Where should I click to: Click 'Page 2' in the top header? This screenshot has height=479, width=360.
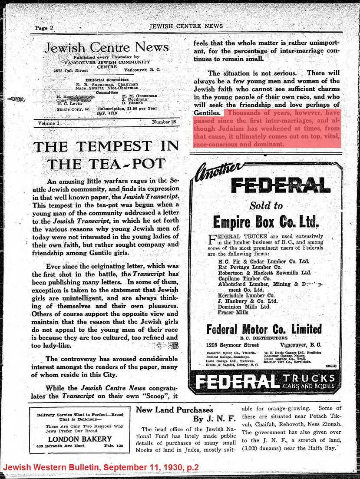tap(44, 28)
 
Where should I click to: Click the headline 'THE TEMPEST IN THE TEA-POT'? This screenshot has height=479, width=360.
tap(106, 155)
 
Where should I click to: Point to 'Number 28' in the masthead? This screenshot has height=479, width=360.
tap(164, 122)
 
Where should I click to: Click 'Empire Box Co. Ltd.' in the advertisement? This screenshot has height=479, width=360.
tap(266, 222)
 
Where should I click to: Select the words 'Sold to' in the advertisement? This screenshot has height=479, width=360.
tap(266, 205)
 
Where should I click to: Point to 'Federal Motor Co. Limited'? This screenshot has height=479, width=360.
tap(264, 328)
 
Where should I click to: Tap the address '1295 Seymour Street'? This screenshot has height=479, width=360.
tap(229, 345)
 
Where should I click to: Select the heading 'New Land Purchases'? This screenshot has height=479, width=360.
tap(175, 410)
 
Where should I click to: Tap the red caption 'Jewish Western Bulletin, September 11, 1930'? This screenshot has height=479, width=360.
tap(101, 467)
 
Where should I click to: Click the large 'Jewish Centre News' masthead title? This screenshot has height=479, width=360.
tap(106, 47)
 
